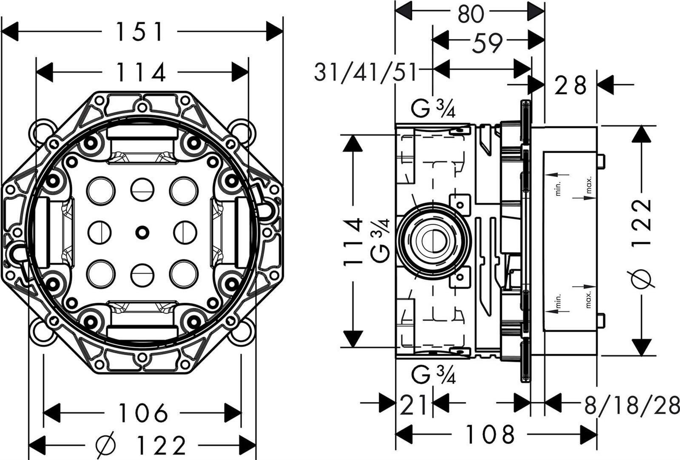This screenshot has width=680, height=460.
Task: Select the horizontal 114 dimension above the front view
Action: (141, 73)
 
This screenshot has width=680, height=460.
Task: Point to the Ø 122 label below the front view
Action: (141, 445)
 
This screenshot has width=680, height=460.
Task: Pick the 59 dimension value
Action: (487, 42)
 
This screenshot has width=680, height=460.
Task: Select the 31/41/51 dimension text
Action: (365, 73)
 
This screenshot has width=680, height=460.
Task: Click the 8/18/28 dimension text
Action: (632, 405)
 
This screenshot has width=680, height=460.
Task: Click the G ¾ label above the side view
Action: (433, 109)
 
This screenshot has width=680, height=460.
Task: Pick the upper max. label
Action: (589, 185)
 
